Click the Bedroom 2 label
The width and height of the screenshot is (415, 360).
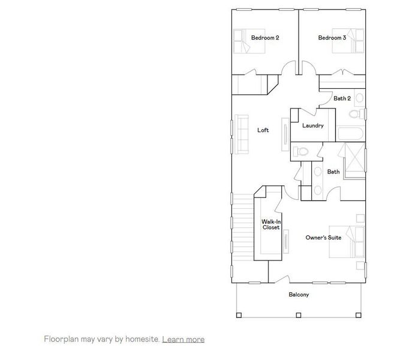pyautogui.click(x=265, y=38)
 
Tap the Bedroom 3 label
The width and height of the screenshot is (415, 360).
pyautogui.click(x=332, y=38)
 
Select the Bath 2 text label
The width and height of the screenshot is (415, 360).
pyautogui.click(x=342, y=98)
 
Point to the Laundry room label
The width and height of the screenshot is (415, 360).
pyautogui.click(x=313, y=125)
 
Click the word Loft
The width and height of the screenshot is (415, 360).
pyautogui.click(x=263, y=130)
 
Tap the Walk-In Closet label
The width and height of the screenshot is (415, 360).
pyautogui.click(x=271, y=225)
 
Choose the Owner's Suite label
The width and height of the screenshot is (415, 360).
pyautogui.click(x=323, y=238)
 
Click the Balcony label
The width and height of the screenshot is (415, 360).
pyautogui.click(x=299, y=295)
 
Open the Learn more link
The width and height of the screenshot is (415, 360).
pyautogui.click(x=183, y=340)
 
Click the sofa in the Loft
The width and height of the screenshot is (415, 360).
pyautogui.click(x=243, y=135)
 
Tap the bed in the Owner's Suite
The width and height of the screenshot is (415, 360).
pyautogui.click(x=354, y=243)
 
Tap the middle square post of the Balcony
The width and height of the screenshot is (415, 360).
pyautogui.click(x=299, y=314)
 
